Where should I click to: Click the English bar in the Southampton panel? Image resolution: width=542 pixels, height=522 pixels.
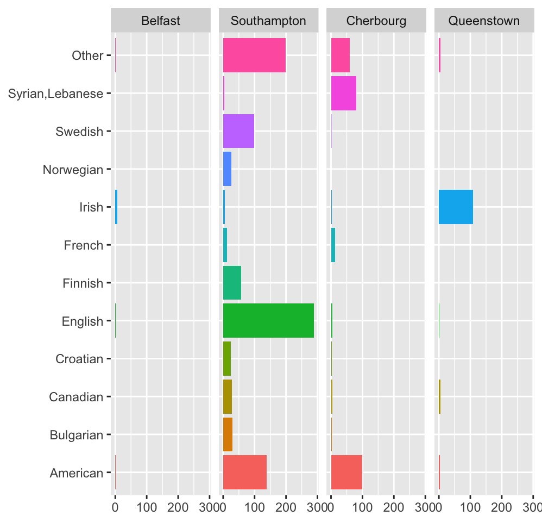[x=268, y=321]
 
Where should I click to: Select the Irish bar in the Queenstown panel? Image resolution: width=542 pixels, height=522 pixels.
[x=456, y=207]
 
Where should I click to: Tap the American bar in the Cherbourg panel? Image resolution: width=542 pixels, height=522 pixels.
[x=346, y=473]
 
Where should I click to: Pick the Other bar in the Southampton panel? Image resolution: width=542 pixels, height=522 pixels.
[x=254, y=55]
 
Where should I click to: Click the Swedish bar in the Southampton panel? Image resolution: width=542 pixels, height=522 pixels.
[x=238, y=131]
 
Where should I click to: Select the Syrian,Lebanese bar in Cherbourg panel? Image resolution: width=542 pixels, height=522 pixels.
[x=343, y=94]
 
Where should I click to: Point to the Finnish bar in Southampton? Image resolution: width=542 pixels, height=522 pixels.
[x=232, y=283]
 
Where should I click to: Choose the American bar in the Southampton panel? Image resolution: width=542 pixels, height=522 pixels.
[x=244, y=473]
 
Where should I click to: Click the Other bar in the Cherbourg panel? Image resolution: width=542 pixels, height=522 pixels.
[x=340, y=55]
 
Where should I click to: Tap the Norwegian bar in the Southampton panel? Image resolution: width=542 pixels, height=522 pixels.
[x=227, y=169]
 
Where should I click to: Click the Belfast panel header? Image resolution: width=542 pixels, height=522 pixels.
[x=160, y=21]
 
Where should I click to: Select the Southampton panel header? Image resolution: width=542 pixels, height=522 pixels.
[x=268, y=21]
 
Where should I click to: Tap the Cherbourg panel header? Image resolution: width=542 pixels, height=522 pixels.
[x=376, y=21]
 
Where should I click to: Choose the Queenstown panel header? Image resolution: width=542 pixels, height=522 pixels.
[x=483, y=21]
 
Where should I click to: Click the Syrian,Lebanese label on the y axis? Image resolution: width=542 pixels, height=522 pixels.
[x=56, y=94]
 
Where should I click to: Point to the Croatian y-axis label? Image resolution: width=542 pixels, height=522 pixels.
[x=79, y=359]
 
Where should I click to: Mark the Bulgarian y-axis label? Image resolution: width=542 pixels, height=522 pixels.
[x=76, y=435]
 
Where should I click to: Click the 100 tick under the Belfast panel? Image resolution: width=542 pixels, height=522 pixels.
[x=146, y=508]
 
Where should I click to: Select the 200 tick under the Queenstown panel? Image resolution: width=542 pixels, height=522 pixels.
[x=501, y=508]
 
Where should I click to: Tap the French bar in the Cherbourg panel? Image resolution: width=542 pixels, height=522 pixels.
[x=333, y=245]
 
